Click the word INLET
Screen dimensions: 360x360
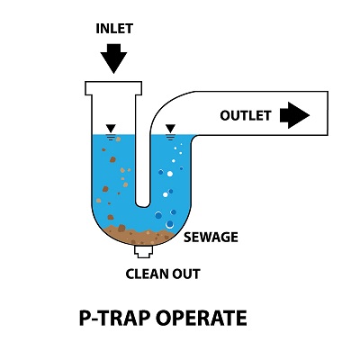click(x=114, y=29)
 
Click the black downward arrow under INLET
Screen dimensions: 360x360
click(x=113, y=58)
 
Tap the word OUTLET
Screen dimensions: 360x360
click(x=246, y=116)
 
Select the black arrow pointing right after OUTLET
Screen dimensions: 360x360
click(x=294, y=115)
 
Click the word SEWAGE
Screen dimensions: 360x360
click(x=211, y=238)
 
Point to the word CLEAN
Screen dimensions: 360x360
click(x=145, y=274)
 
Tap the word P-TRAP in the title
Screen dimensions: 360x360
click(x=114, y=318)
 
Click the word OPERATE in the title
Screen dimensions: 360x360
click(x=202, y=318)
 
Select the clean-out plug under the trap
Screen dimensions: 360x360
click(x=143, y=251)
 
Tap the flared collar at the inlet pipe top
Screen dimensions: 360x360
click(x=113, y=88)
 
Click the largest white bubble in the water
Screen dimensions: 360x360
click(x=170, y=174)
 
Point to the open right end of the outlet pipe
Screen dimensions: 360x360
click(x=328, y=113)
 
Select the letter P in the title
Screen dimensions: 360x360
click(x=85, y=318)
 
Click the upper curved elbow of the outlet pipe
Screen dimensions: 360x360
click(x=168, y=101)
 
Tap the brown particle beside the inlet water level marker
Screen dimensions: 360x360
click(x=118, y=139)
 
